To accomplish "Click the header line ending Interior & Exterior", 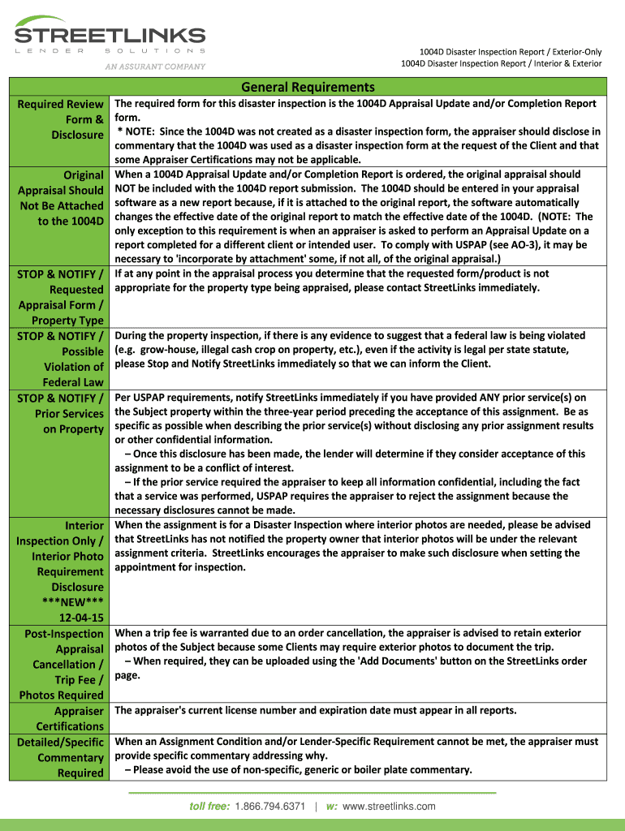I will coord(502,63).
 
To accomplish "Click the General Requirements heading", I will coord(308,87).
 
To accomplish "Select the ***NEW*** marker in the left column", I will coord(72,602).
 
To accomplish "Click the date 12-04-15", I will coord(81,618).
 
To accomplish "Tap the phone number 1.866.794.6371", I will coord(269,806).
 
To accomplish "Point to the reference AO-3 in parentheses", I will coord(487,244).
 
